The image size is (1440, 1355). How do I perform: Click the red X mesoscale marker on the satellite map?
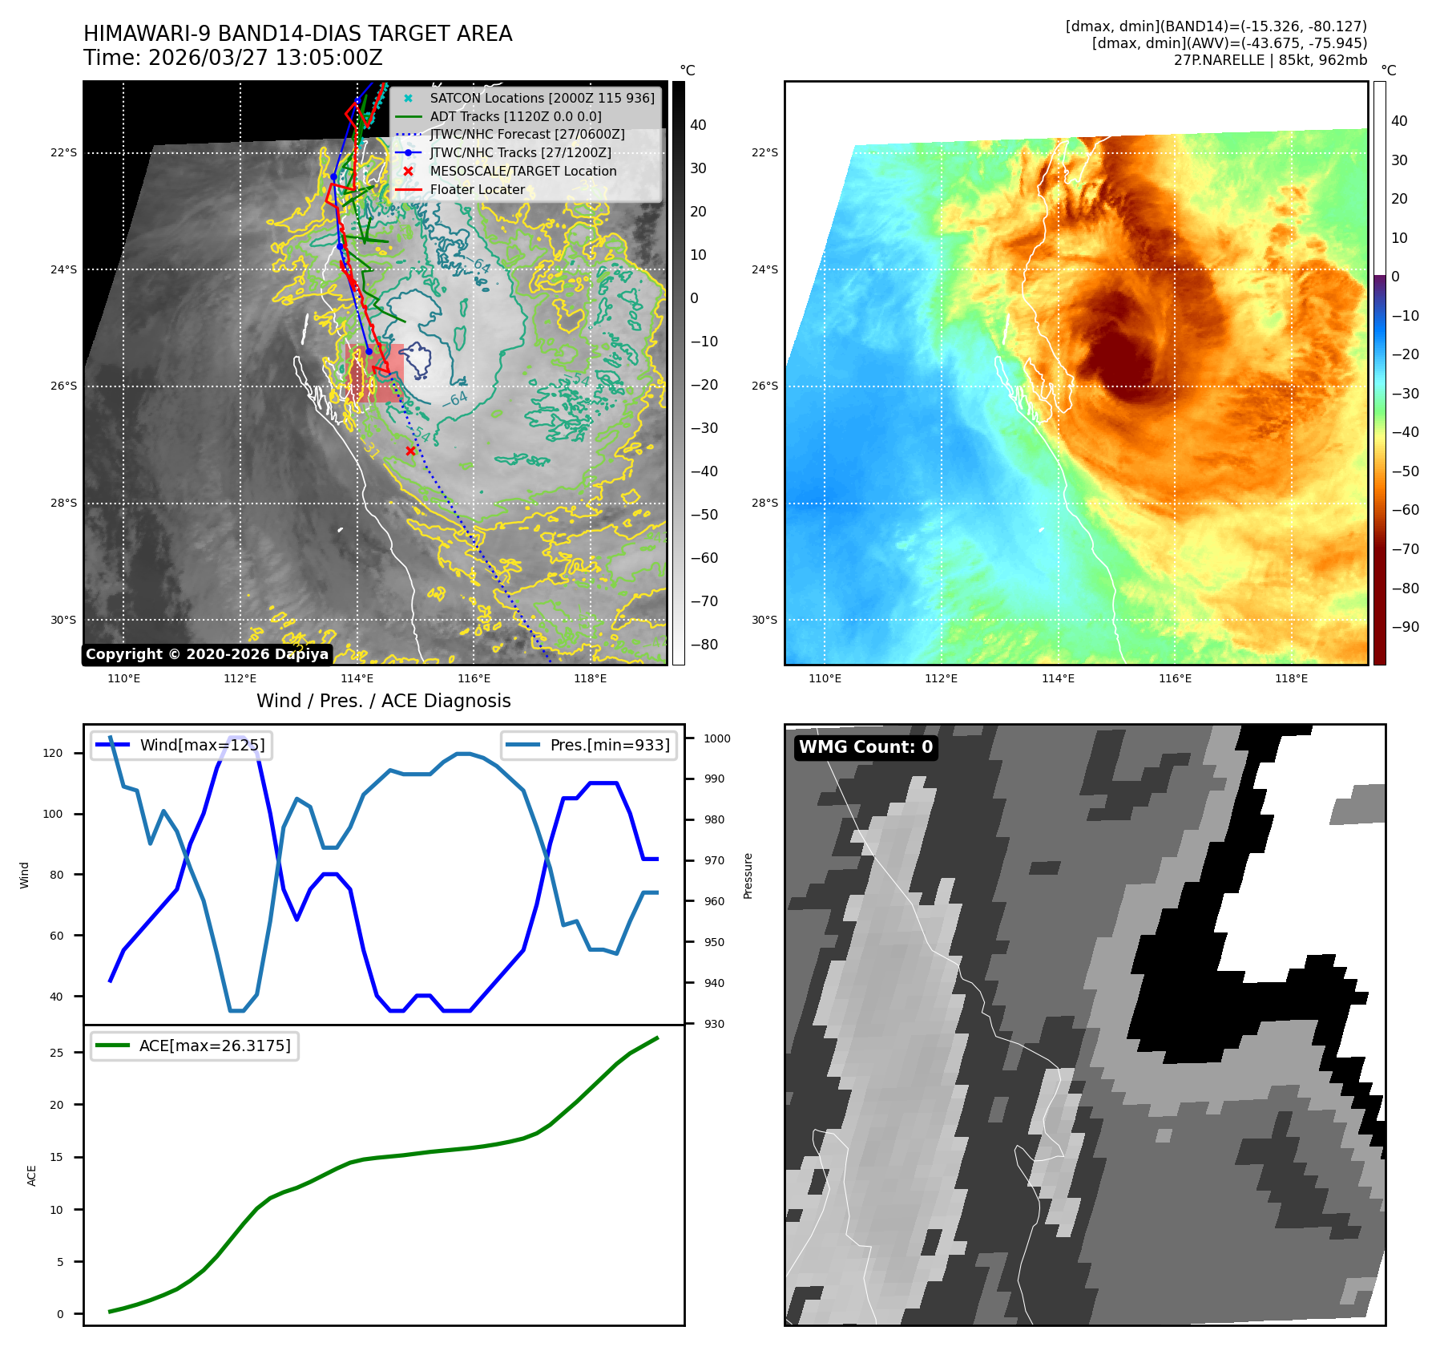[410, 451]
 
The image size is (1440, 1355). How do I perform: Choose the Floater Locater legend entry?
[477, 190]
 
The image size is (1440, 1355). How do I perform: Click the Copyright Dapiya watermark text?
[207, 654]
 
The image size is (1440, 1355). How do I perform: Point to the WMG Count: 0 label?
[865, 747]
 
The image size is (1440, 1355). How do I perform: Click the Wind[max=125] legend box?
[181, 745]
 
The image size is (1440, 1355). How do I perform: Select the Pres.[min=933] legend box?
[590, 745]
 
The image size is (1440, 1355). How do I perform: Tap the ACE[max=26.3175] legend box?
[195, 1046]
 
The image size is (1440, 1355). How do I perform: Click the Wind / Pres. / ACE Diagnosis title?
[383, 701]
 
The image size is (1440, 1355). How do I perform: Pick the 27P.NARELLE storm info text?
[1270, 60]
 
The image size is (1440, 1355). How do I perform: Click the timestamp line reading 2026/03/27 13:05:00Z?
[232, 59]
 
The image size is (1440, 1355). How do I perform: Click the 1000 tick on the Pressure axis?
[717, 738]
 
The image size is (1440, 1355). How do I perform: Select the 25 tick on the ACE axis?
[57, 1053]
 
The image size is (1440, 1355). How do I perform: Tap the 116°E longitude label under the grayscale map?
[474, 679]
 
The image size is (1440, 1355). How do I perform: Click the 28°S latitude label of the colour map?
[764, 504]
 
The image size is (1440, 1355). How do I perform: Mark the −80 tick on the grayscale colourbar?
[704, 645]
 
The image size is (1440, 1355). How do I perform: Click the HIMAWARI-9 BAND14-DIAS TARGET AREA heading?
[297, 34]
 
